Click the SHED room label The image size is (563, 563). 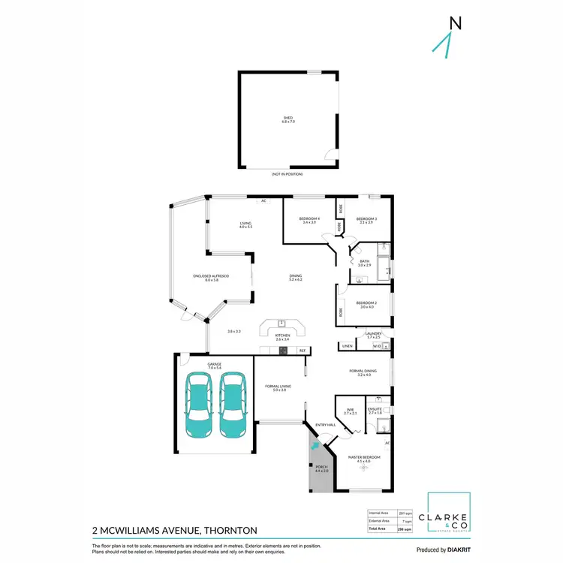[288, 118]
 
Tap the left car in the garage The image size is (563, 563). [198, 405]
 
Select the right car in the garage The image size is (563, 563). [233, 405]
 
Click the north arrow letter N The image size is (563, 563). [454, 23]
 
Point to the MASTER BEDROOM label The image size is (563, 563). [364, 457]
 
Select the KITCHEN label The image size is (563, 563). [282, 335]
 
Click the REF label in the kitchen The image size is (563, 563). [303, 351]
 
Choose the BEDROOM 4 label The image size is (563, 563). [309, 218]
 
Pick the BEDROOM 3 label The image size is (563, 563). [366, 218]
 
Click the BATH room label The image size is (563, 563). [364, 262]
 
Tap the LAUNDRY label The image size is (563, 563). [373, 333]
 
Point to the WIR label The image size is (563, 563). [349, 410]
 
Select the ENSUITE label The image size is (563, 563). [375, 410]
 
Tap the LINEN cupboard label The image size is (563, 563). [346, 346]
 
